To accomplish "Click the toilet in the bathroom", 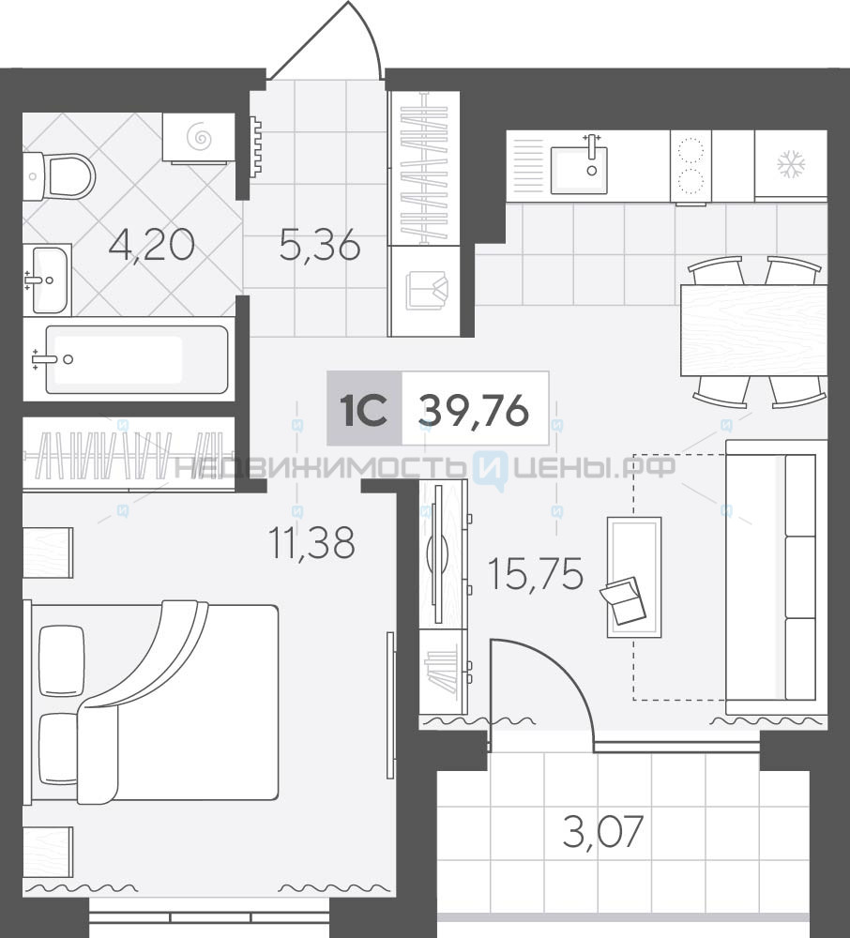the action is (x=60, y=177).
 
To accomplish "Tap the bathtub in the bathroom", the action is (x=136, y=359).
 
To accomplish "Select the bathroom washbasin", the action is (x=49, y=280).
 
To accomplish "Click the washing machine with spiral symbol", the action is (x=199, y=138).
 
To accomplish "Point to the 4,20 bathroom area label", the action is (x=151, y=245).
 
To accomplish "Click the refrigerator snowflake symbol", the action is (x=791, y=165).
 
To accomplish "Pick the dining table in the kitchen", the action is (x=753, y=330).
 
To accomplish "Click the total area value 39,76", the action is (x=475, y=412).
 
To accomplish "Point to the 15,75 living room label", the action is (x=536, y=574).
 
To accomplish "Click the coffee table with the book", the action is (x=634, y=577).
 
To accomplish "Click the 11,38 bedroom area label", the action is (x=312, y=542).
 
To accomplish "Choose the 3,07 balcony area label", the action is (x=603, y=831).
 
